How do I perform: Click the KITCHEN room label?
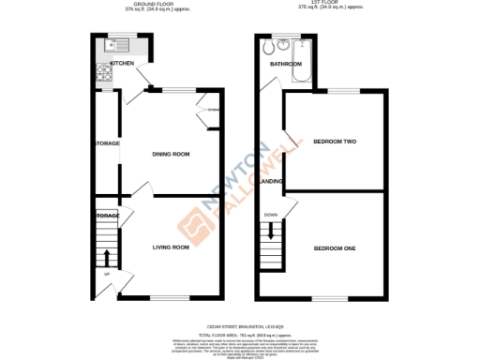click(122, 64)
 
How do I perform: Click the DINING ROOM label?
click(172, 154)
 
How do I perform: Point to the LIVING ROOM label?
click(172, 247)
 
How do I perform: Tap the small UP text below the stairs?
click(106, 274)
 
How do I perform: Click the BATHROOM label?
click(284, 66)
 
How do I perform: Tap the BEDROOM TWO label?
click(335, 142)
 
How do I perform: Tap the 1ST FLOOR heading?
click(326, 5)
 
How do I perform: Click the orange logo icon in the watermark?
click(191, 220)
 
